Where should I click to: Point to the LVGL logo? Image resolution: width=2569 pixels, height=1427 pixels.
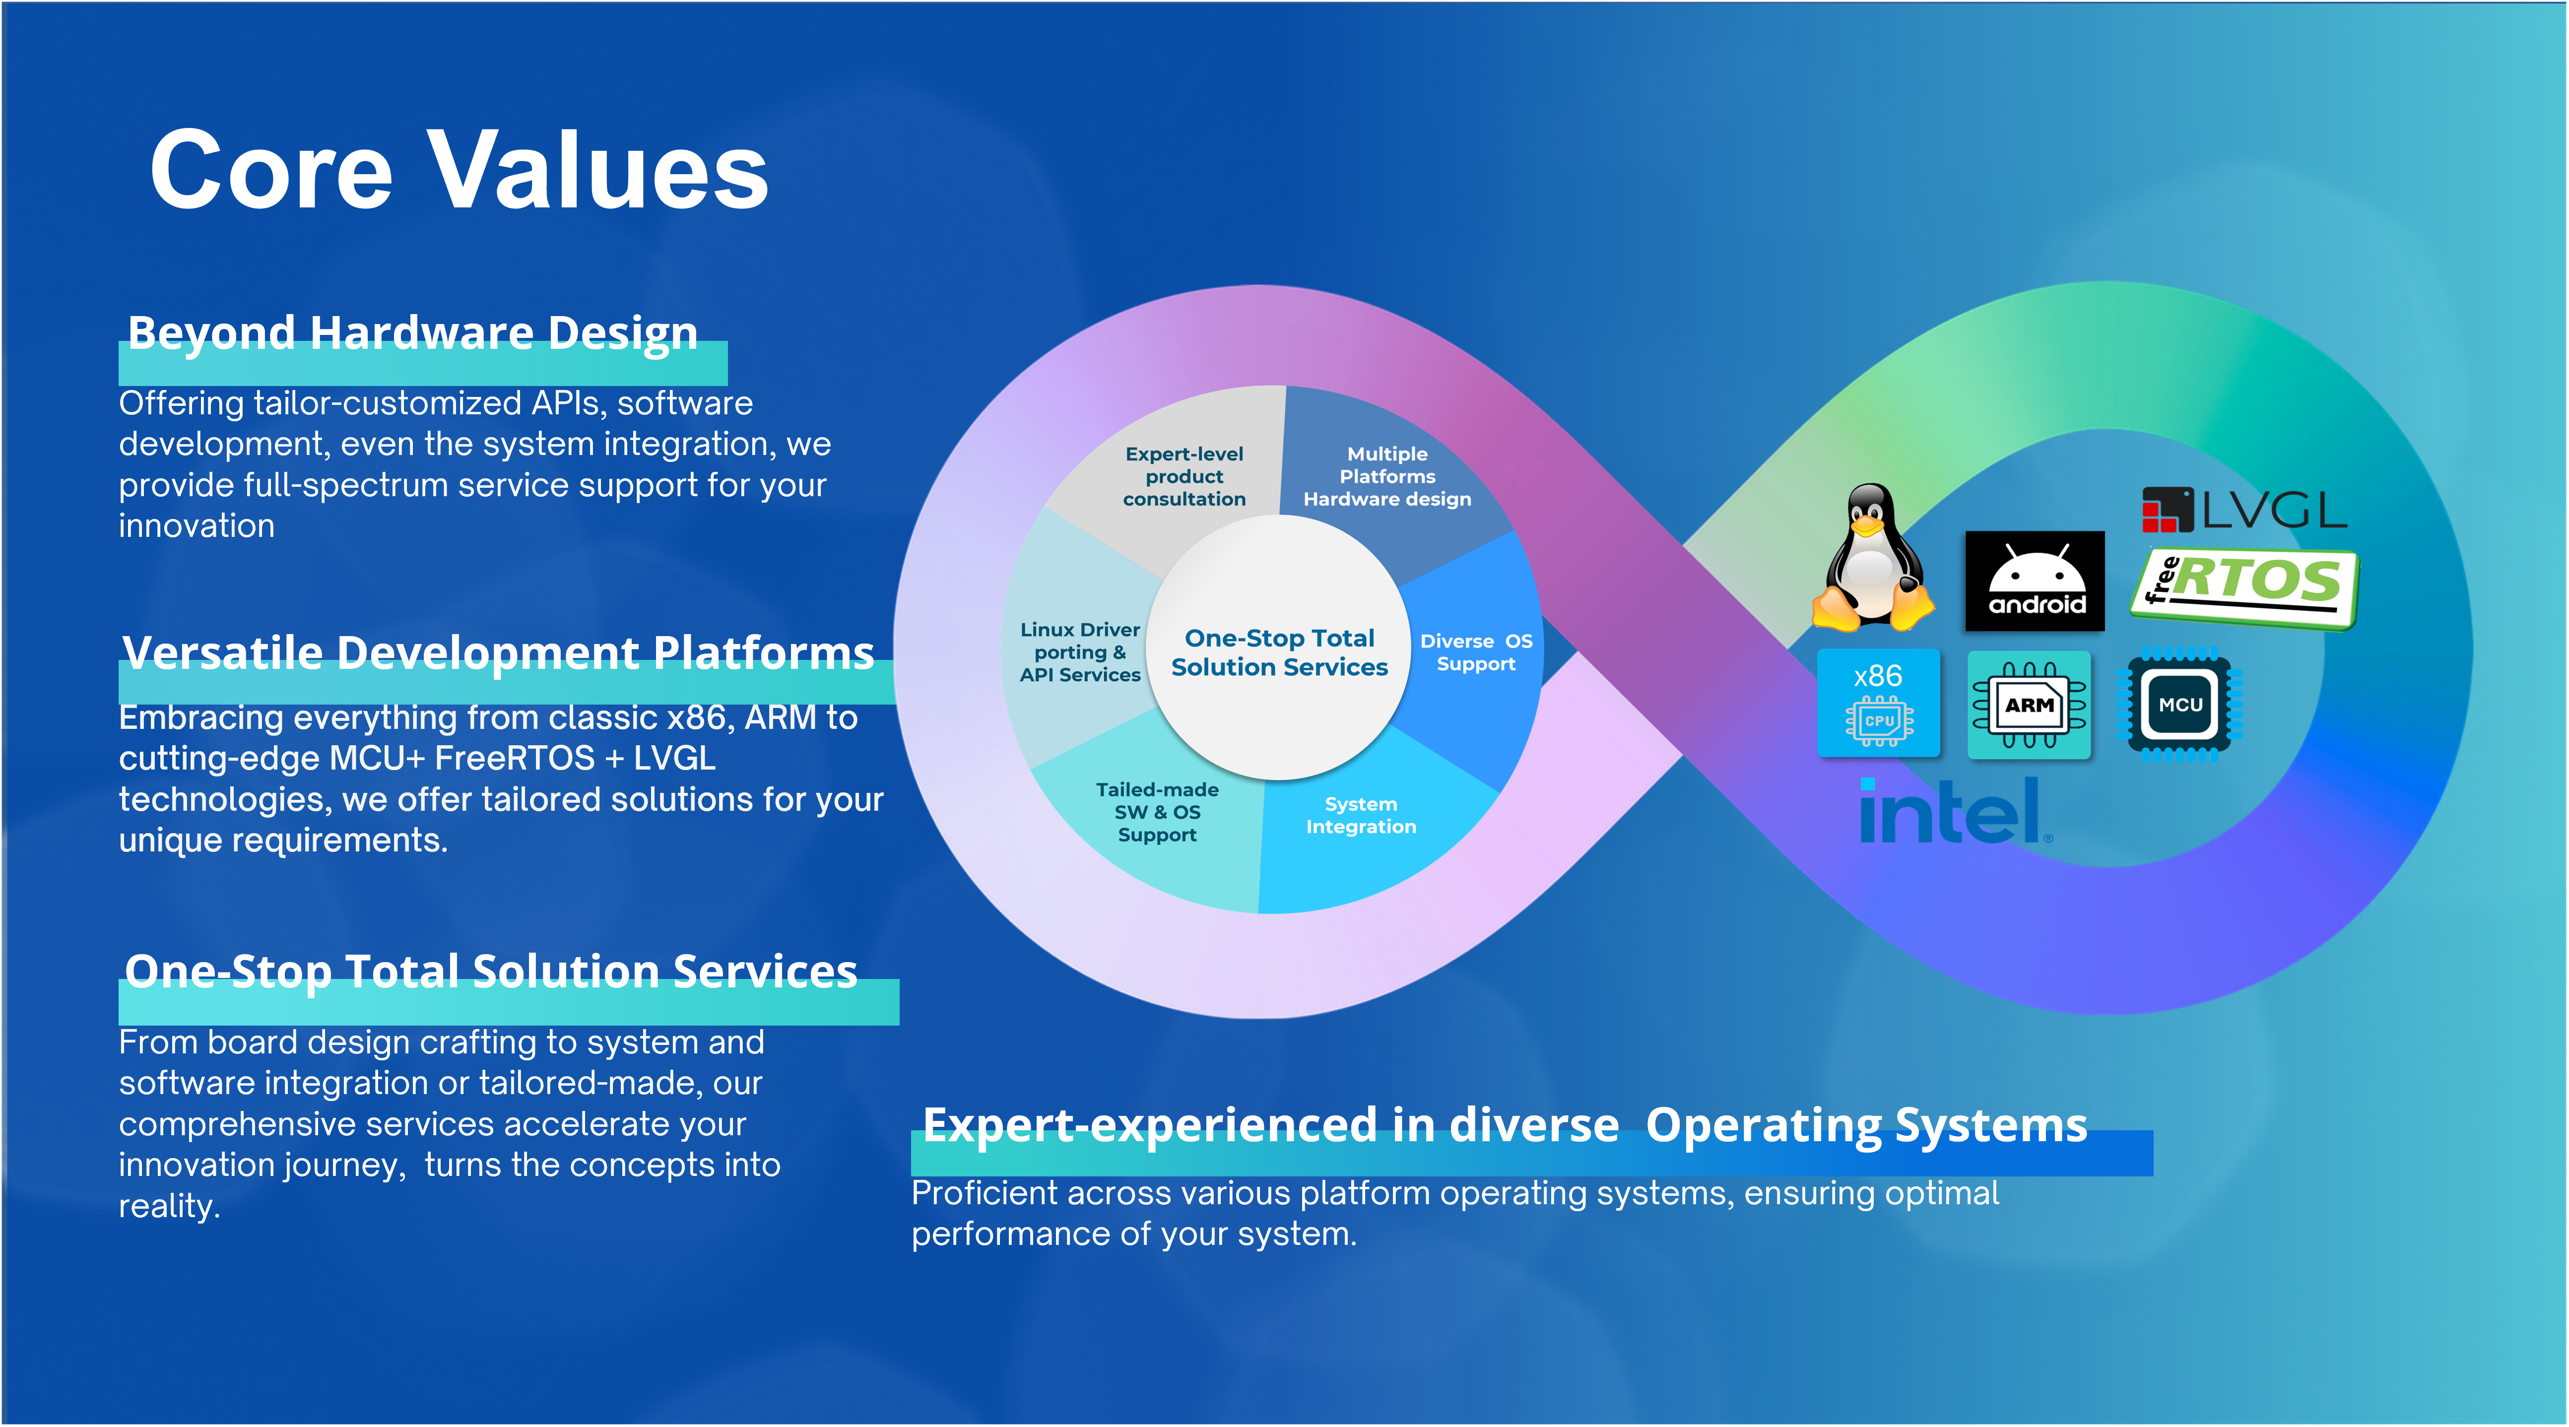pos(2244,511)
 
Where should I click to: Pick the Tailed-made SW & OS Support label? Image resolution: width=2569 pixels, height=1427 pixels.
pos(1157,812)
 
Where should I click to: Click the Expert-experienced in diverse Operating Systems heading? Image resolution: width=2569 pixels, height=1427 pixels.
pos(1504,1126)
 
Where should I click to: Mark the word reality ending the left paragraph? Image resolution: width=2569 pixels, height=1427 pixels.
pos(168,1207)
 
